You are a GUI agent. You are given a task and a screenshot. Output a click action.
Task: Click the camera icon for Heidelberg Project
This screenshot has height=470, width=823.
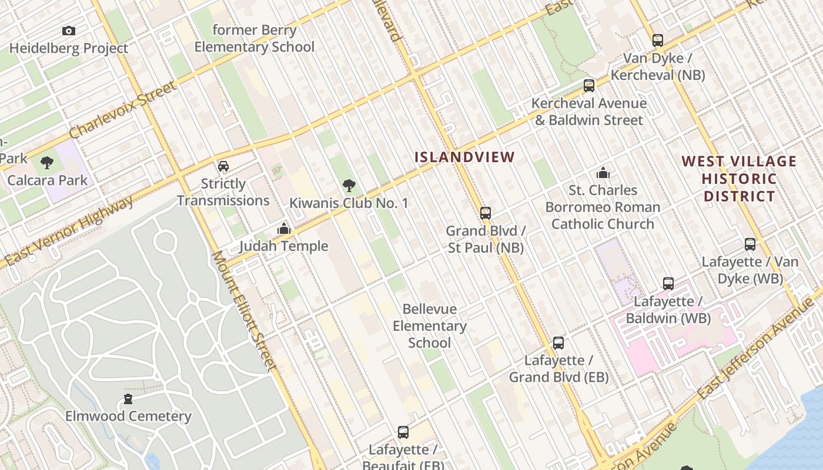click(69, 31)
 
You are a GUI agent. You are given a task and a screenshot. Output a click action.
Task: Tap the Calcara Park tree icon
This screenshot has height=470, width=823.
click(47, 163)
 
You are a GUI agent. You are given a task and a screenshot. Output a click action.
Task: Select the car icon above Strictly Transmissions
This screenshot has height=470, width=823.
click(223, 166)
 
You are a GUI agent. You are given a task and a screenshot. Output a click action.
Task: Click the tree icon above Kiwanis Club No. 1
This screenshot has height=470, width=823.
click(349, 186)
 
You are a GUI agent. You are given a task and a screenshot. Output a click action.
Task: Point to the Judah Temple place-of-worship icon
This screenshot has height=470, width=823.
click(285, 229)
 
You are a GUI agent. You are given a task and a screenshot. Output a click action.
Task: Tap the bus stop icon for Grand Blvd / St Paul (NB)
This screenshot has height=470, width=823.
click(486, 213)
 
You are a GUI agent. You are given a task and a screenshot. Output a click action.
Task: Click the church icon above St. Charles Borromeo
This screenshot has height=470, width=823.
click(603, 173)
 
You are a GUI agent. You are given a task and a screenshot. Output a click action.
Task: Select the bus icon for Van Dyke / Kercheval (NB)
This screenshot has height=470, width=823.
click(658, 41)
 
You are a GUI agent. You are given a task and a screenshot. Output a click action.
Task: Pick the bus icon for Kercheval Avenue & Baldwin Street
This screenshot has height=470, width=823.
click(589, 86)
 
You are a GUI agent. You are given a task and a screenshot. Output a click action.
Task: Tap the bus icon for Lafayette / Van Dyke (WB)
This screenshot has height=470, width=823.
click(750, 244)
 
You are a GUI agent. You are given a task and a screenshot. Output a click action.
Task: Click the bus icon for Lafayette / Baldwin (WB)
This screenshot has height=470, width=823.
click(668, 284)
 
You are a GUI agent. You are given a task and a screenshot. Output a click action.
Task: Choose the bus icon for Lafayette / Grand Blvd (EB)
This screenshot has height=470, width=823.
click(558, 343)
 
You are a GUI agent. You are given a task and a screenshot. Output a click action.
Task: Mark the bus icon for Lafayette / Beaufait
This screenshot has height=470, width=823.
click(403, 432)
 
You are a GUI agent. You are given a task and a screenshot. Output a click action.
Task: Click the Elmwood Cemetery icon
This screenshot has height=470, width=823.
click(128, 399)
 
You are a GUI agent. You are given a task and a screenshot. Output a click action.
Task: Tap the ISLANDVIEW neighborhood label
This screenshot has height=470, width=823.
click(464, 157)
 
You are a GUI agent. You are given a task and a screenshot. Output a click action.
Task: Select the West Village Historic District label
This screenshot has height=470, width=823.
click(740, 179)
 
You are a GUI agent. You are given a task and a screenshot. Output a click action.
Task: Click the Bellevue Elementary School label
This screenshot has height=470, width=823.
click(429, 325)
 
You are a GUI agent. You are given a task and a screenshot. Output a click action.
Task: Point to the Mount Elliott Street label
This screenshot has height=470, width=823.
click(244, 311)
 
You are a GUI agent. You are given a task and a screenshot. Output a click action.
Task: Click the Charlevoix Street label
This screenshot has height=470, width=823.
click(123, 110)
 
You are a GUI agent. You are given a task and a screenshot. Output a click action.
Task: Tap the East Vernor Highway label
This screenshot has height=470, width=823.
click(69, 231)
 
